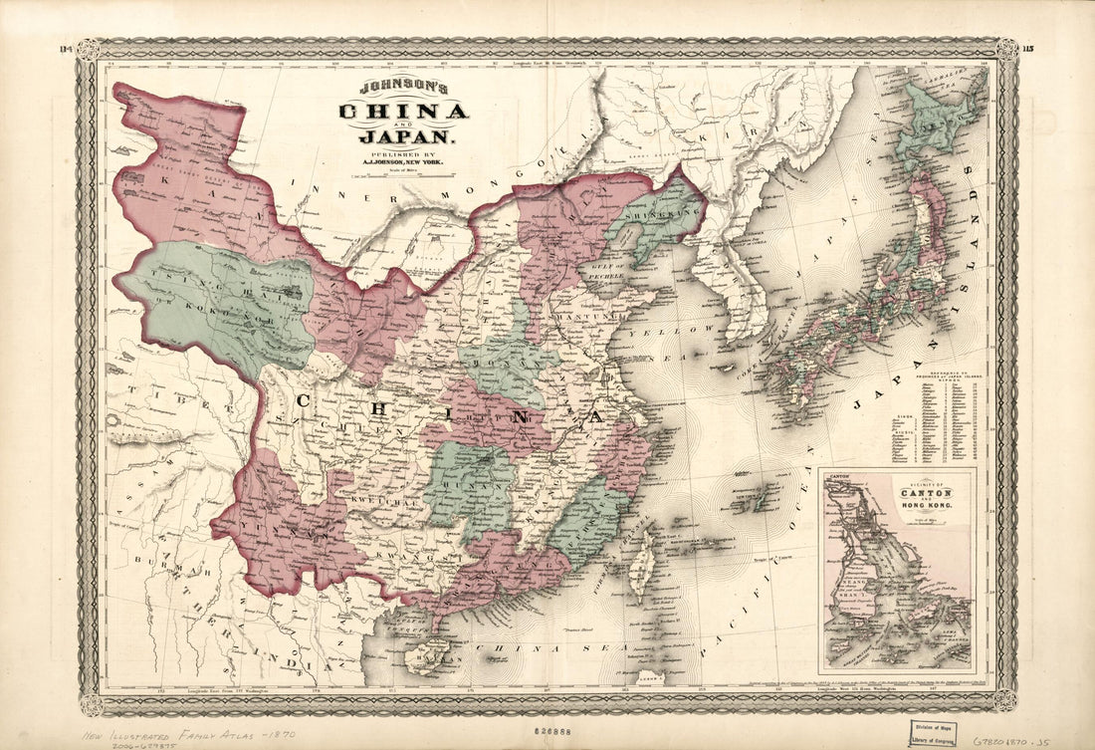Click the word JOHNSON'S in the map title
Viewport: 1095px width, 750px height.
click(402, 88)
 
